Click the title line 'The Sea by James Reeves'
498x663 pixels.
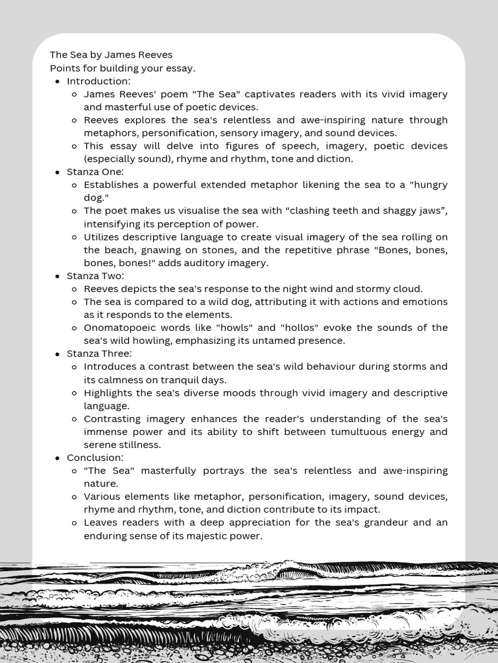point(111,55)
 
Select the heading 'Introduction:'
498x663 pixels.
point(99,81)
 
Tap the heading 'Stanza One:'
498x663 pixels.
point(95,172)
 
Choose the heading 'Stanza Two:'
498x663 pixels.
point(95,275)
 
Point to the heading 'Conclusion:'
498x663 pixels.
point(95,458)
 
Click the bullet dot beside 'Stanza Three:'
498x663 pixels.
point(58,354)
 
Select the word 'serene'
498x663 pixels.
point(100,445)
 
